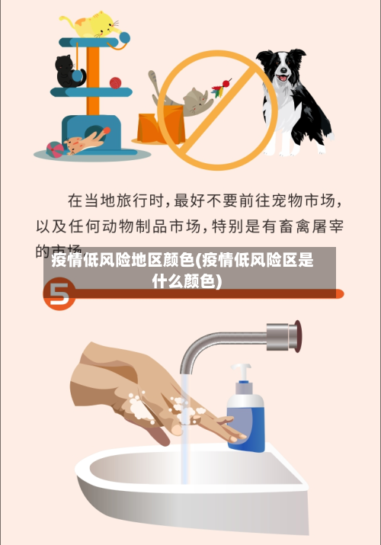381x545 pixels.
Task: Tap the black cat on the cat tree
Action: [x=69, y=71]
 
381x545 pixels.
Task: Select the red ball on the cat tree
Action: [x=115, y=82]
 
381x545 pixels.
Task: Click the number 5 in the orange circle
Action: [x=59, y=294]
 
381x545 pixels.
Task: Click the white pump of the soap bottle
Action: [x=243, y=373]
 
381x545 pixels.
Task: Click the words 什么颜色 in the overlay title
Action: [x=187, y=281]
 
